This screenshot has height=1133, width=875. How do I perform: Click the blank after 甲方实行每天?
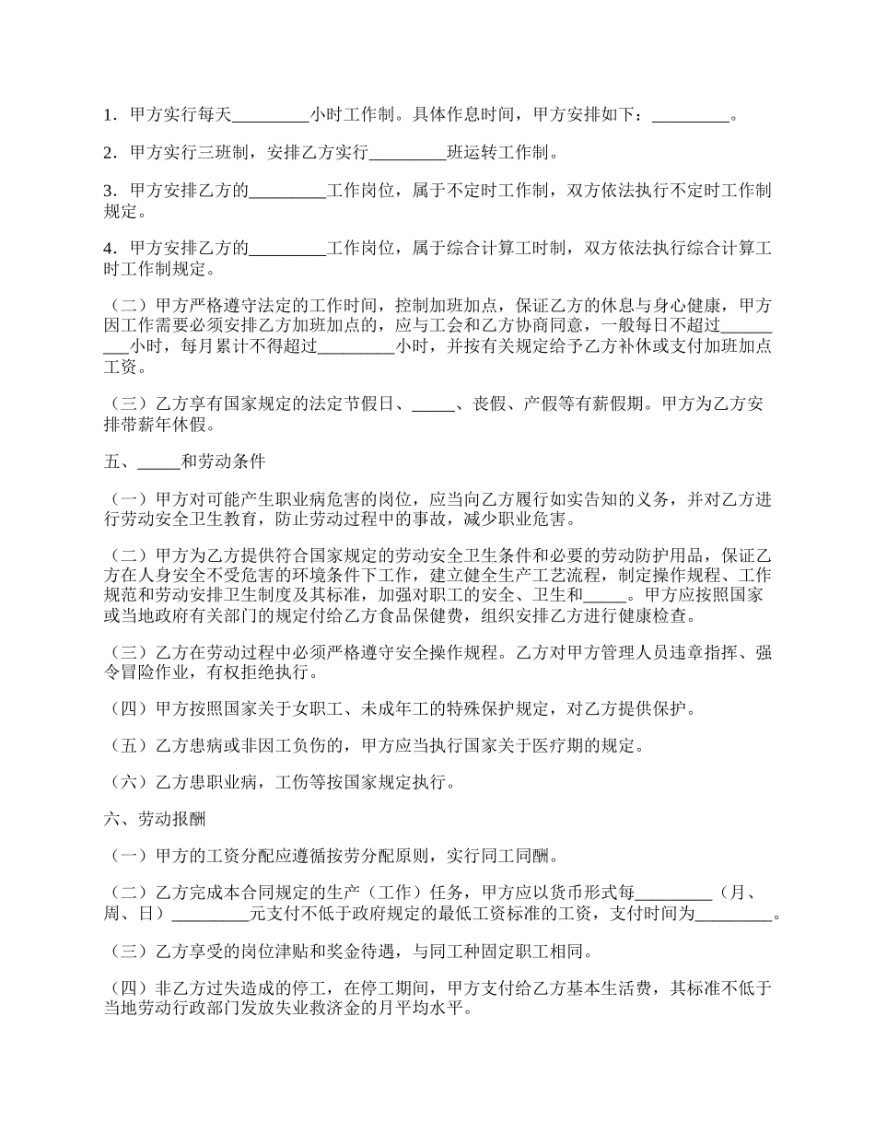271,116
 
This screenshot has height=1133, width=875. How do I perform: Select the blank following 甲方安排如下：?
690,116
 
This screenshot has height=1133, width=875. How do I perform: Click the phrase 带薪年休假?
174,425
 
